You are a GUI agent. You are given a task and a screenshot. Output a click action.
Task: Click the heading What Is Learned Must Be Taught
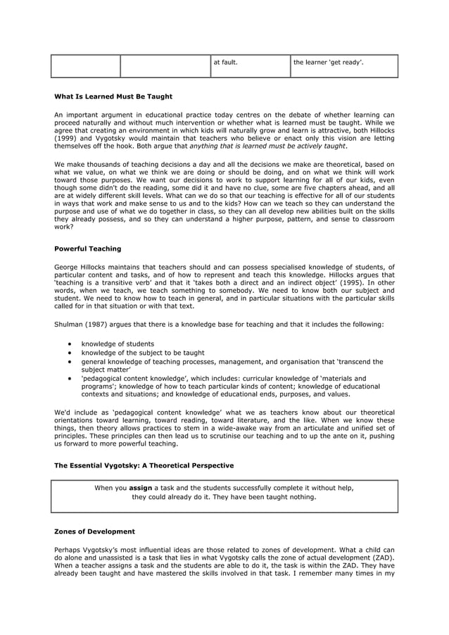tap(113, 96)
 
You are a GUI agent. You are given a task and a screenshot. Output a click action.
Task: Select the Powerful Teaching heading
tap(87, 249)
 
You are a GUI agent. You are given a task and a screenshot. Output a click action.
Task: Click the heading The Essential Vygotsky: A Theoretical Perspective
tap(144, 466)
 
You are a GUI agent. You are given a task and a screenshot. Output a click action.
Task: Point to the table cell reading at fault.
tap(225, 62)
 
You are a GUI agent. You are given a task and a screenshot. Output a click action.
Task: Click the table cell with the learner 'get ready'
tap(328, 62)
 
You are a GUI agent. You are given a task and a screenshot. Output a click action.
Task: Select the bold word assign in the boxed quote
tap(141, 487)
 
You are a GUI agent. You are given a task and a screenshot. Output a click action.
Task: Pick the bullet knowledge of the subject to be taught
tap(143, 353)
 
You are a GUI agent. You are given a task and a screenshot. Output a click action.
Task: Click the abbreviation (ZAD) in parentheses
tap(382, 557)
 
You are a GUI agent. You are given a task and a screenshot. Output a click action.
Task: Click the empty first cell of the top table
tap(86, 65)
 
